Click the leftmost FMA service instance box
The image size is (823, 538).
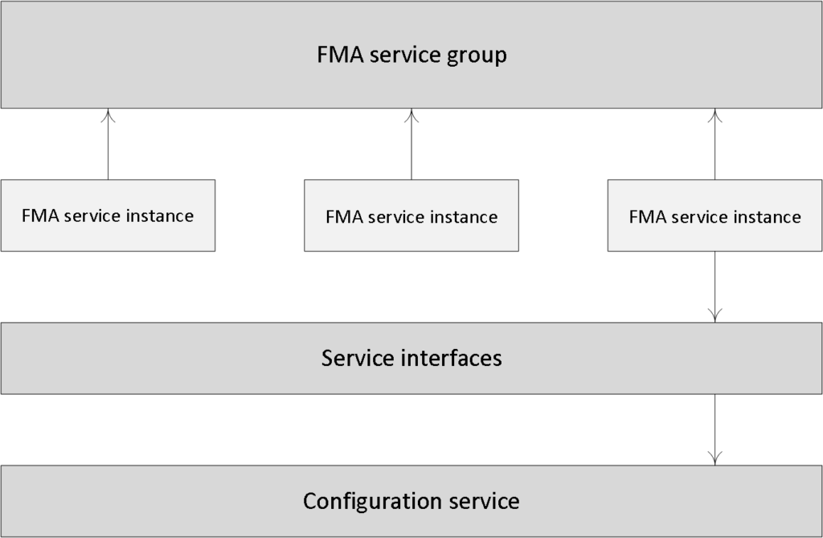tap(109, 216)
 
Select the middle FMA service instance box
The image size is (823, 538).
tap(411, 216)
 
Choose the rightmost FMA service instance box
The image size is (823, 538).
tap(714, 216)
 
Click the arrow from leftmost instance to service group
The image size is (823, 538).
tap(109, 144)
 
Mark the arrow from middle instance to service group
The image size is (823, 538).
tap(411, 144)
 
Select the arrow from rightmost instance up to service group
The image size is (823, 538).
tap(714, 144)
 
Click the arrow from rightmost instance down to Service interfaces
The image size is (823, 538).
tap(714, 287)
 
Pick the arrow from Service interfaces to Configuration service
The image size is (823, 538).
tap(714, 429)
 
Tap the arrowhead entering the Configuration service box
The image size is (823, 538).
tap(714, 458)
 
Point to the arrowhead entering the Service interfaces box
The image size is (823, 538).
tap(714, 316)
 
